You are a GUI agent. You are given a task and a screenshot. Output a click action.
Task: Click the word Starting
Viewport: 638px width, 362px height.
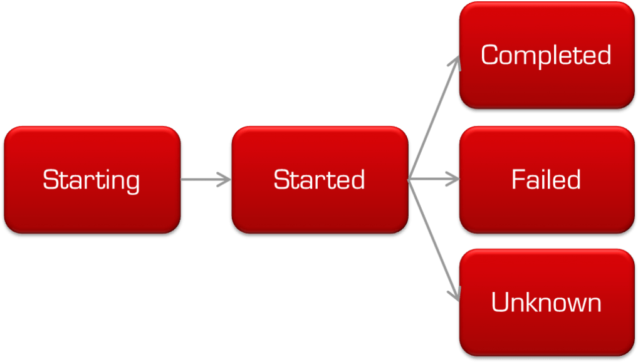click(92, 180)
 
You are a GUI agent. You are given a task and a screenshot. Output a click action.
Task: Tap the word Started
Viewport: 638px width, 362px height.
click(319, 180)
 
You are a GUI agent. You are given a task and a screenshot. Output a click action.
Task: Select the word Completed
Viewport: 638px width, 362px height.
click(546, 56)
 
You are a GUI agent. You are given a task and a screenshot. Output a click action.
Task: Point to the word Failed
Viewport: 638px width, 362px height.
click(546, 180)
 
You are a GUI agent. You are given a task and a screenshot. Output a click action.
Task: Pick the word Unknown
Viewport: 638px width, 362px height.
click(546, 303)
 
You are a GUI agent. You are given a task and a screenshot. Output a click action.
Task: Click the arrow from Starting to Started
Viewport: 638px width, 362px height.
click(204, 180)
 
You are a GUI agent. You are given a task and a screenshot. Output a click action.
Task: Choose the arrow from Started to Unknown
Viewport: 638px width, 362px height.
click(434, 240)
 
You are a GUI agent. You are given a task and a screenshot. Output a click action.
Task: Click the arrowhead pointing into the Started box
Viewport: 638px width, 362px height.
click(226, 180)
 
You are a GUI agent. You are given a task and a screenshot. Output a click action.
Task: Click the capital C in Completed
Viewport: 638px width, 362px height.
click(489, 55)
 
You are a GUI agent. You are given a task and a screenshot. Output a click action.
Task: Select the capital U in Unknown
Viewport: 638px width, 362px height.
click(499, 303)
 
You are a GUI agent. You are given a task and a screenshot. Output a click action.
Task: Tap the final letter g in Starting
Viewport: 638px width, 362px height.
click(132, 182)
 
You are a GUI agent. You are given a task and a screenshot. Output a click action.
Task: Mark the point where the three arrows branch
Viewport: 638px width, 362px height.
click(409, 180)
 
